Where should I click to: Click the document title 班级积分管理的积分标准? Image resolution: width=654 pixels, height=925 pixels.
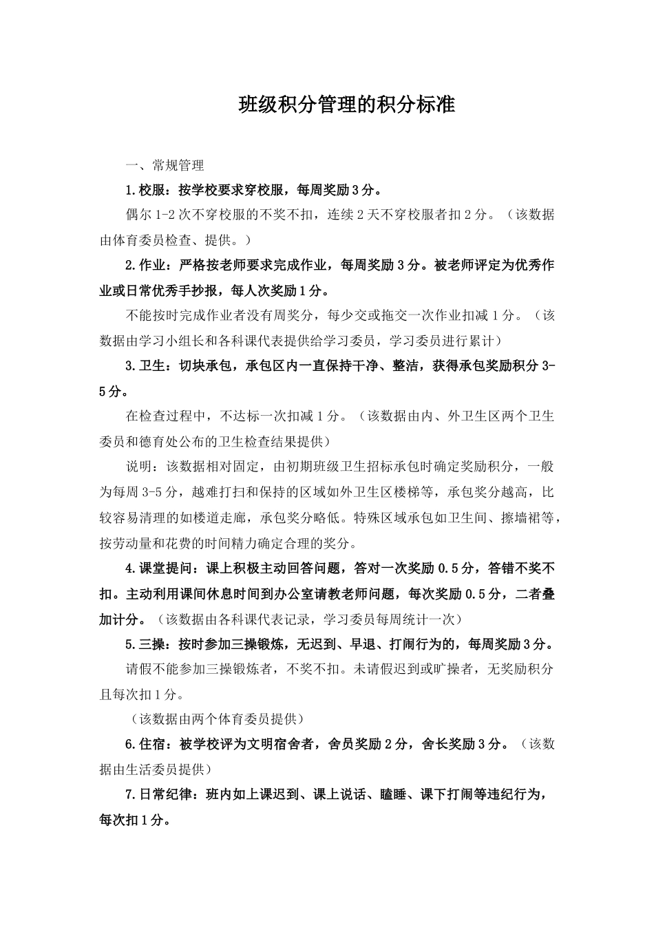[346, 105]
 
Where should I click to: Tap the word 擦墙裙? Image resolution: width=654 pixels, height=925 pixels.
[525, 517]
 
